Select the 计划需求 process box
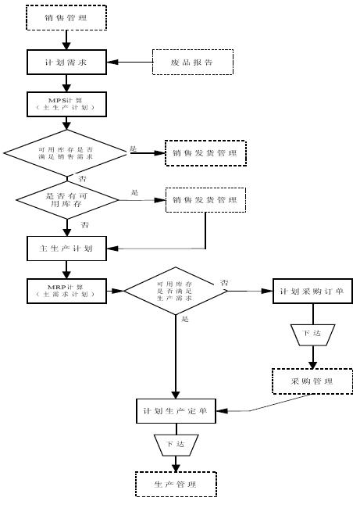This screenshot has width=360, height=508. click(x=67, y=61)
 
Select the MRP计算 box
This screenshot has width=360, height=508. click(x=66, y=291)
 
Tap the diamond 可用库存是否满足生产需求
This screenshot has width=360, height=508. click(x=175, y=291)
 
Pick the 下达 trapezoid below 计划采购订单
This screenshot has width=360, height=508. click(x=312, y=334)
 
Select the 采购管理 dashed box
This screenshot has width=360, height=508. click(x=312, y=381)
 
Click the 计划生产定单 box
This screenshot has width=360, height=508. click(x=175, y=411)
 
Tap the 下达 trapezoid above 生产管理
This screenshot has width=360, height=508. click(x=175, y=444)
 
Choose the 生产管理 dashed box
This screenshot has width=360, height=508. click(x=175, y=485)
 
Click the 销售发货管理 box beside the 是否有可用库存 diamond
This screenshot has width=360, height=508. click(x=205, y=200)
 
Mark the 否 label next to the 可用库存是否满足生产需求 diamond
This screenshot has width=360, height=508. click(x=224, y=281)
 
